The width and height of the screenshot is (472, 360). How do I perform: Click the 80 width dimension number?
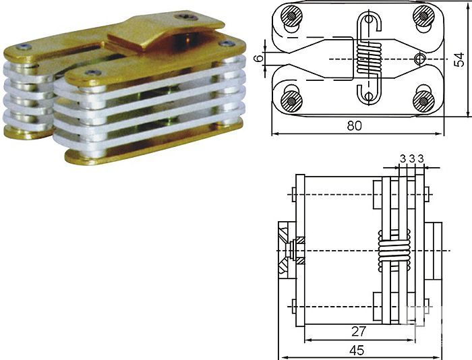pos(354,125)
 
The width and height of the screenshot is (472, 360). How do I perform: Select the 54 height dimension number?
pos(461,59)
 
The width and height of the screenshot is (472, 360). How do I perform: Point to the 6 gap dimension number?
pos(259,59)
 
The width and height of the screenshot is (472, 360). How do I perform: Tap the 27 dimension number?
pos(359,332)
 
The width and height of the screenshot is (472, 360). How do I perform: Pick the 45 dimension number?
pos(357,351)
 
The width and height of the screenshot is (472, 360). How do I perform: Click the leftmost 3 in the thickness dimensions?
pos(403,158)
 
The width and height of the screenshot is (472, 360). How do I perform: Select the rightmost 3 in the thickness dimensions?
pos(421,158)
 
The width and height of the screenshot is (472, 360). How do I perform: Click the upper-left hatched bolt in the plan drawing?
pos(291,16)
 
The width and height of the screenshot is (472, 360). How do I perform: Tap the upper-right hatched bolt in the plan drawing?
pos(423,16)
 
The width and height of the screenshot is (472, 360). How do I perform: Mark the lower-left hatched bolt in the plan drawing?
pos(291,101)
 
